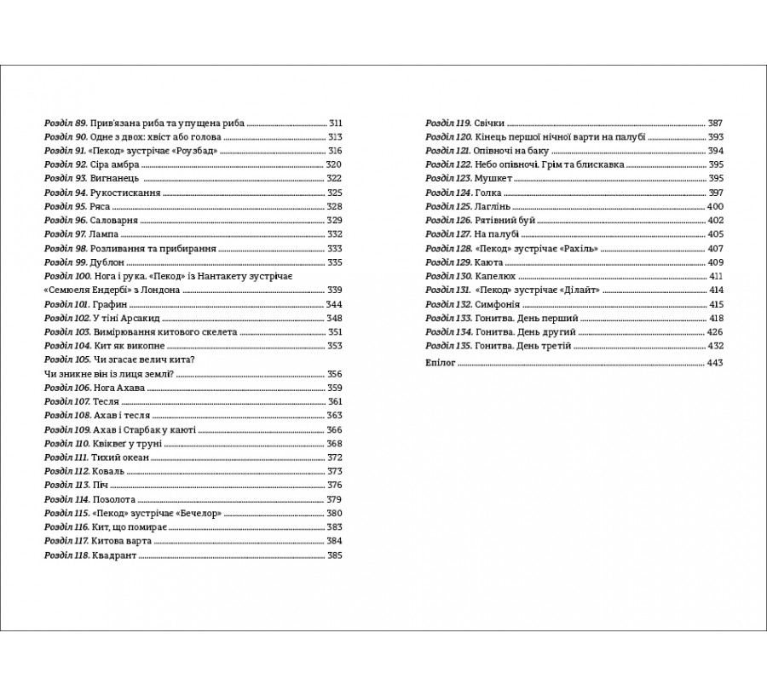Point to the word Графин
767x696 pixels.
112,304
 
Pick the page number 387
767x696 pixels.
715,123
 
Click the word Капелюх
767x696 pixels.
498,276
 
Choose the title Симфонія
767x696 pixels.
499,304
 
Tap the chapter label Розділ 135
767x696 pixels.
449,346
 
